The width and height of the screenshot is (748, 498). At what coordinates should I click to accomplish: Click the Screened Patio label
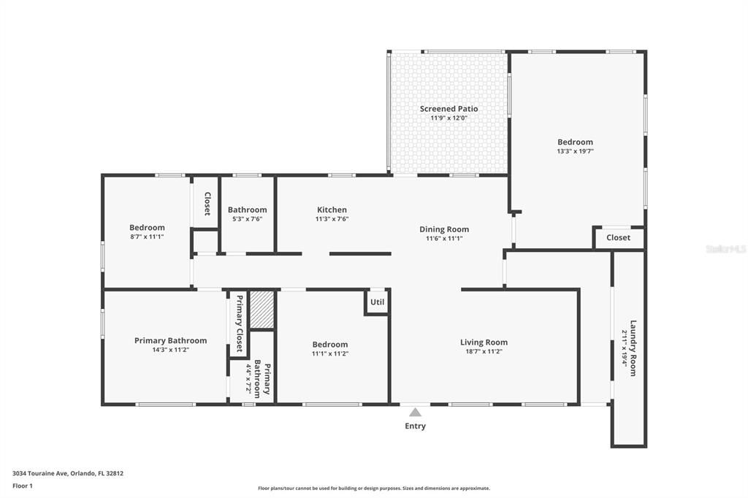(x=449, y=109)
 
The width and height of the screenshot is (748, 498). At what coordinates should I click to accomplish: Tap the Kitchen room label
(x=332, y=210)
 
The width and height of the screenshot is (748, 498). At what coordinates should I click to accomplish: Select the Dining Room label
(x=444, y=229)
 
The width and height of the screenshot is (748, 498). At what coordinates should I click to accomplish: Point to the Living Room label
(x=484, y=342)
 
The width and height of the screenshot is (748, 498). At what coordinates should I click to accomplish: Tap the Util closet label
(x=377, y=302)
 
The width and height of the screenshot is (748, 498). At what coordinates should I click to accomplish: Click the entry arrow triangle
(x=415, y=413)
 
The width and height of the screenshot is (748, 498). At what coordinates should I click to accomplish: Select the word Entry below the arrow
(x=415, y=426)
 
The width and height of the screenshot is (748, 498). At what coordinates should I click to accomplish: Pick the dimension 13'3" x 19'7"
(x=575, y=152)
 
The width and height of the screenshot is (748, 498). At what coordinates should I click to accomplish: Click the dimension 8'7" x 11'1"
(x=147, y=237)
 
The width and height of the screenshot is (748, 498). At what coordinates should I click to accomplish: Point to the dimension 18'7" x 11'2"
(x=484, y=351)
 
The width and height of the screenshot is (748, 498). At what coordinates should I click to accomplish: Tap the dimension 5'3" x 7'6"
(x=247, y=219)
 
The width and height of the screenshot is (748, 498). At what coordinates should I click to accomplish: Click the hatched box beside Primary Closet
(x=262, y=310)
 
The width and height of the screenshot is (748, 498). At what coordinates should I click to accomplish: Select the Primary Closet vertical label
(x=239, y=323)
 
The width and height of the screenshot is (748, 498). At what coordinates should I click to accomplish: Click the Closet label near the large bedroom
(x=618, y=237)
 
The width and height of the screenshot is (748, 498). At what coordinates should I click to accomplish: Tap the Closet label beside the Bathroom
(x=207, y=204)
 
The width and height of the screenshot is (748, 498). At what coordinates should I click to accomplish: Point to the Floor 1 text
(x=23, y=486)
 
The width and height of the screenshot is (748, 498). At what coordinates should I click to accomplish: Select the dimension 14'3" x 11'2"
(x=170, y=350)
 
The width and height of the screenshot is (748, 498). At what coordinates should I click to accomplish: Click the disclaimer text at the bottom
(x=373, y=489)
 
